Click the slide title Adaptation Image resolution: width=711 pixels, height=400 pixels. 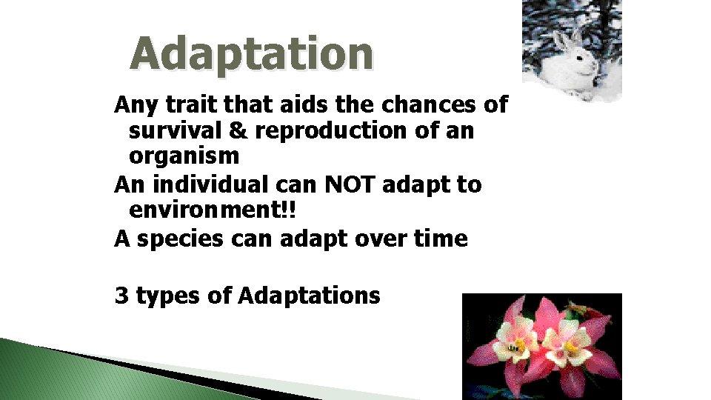tap(252, 55)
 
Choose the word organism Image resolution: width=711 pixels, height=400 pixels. tap(184, 156)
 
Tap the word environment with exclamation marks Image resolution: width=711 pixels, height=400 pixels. tap(212, 210)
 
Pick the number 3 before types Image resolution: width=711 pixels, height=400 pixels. tap(121, 296)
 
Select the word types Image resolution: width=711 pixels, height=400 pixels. tap(168, 296)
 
